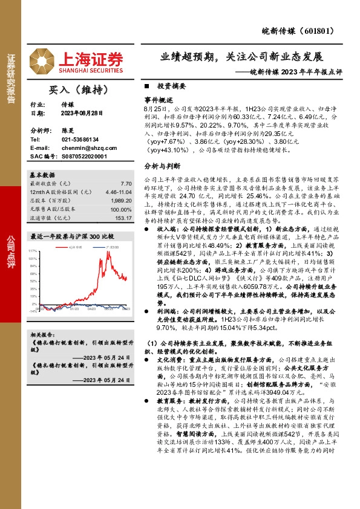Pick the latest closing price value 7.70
coord(126,183)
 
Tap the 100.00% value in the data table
coord(120,209)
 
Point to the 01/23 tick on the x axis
coord(74,310)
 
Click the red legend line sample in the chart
coord(64,247)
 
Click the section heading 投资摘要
coord(171,87)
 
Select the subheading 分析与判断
coord(162,165)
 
